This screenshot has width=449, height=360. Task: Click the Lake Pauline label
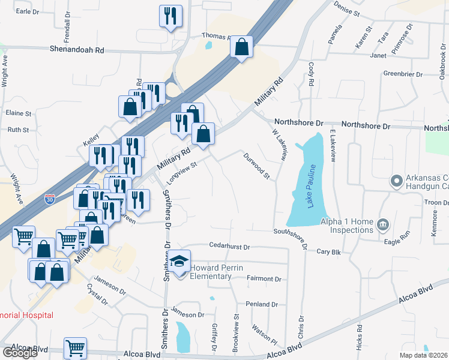coord(311,194)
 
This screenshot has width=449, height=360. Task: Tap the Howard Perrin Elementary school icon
coord(178,262)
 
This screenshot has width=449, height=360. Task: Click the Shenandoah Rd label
coord(77,51)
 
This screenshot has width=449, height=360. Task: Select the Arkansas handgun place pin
coord(396,181)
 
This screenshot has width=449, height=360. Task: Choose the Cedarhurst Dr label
coord(229,246)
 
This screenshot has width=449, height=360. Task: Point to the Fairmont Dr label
coord(264,279)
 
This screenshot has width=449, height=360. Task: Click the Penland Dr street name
coord(262,304)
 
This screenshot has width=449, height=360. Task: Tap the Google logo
coord(20,352)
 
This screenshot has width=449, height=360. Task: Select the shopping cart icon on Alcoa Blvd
coord(75,347)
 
